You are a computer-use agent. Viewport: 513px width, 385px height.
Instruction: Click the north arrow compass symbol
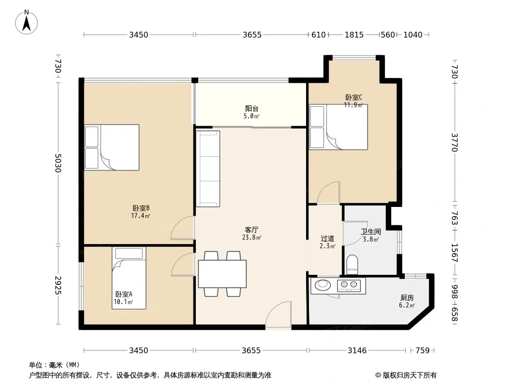[26, 22]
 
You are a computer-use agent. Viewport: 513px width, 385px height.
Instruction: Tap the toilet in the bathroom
[352, 265]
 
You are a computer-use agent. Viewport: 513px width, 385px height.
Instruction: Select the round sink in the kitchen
[322, 285]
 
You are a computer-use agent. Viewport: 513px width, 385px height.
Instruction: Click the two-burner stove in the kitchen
[349, 285]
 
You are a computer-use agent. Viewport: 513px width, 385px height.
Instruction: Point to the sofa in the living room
[208, 169]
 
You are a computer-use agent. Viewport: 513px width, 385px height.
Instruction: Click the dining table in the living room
[222, 274]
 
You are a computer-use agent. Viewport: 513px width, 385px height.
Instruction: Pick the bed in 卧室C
[338, 127]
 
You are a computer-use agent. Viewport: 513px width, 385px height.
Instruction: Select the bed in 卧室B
[112, 147]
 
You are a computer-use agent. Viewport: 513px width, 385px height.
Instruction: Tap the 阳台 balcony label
[252, 109]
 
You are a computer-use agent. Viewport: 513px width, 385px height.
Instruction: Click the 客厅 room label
[252, 230]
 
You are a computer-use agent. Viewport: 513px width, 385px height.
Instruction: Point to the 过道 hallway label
[327, 239]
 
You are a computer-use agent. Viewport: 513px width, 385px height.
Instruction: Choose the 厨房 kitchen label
[407, 298]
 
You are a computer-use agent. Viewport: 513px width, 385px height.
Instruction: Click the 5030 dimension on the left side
[58, 163]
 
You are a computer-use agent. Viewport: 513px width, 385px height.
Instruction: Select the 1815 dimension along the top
[354, 35]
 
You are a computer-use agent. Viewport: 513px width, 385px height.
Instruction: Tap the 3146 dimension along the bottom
[357, 351]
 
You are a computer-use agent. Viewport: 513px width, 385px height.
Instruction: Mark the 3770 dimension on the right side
[455, 142]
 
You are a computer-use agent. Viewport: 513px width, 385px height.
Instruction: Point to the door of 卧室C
[329, 192]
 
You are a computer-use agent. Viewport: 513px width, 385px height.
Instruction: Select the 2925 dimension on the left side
[58, 285]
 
